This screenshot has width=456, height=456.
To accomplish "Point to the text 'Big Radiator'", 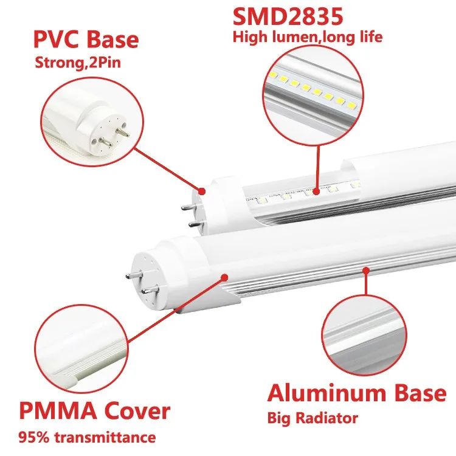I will click(313, 418).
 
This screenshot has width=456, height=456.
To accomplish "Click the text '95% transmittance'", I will click(87, 437).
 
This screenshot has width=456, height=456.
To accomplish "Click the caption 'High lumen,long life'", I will click(307, 37).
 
